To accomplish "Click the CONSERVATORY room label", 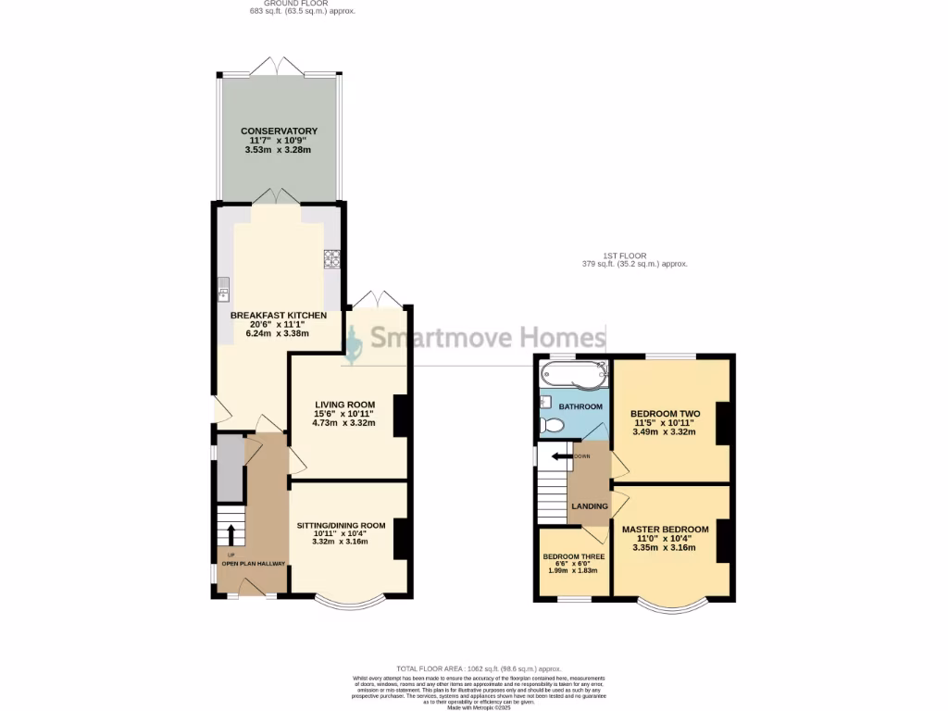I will point(279,131).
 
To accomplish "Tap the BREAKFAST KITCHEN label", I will point(279,316).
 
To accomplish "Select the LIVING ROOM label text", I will point(344,405).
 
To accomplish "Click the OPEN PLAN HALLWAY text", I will point(253,563).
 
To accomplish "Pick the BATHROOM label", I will point(580,406).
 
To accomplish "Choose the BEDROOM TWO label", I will point(665,414).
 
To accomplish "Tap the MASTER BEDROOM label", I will point(665,530).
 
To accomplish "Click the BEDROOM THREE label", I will point(573,556).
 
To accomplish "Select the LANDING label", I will point(590,506).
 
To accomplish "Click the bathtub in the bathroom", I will point(572,376).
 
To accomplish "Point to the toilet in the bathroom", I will point(553,425).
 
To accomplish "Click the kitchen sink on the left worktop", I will point(223,288).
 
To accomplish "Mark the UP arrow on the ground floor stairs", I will point(231,534).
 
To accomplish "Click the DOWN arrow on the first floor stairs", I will point(560,455).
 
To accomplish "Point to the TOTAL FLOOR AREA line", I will point(479,668).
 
